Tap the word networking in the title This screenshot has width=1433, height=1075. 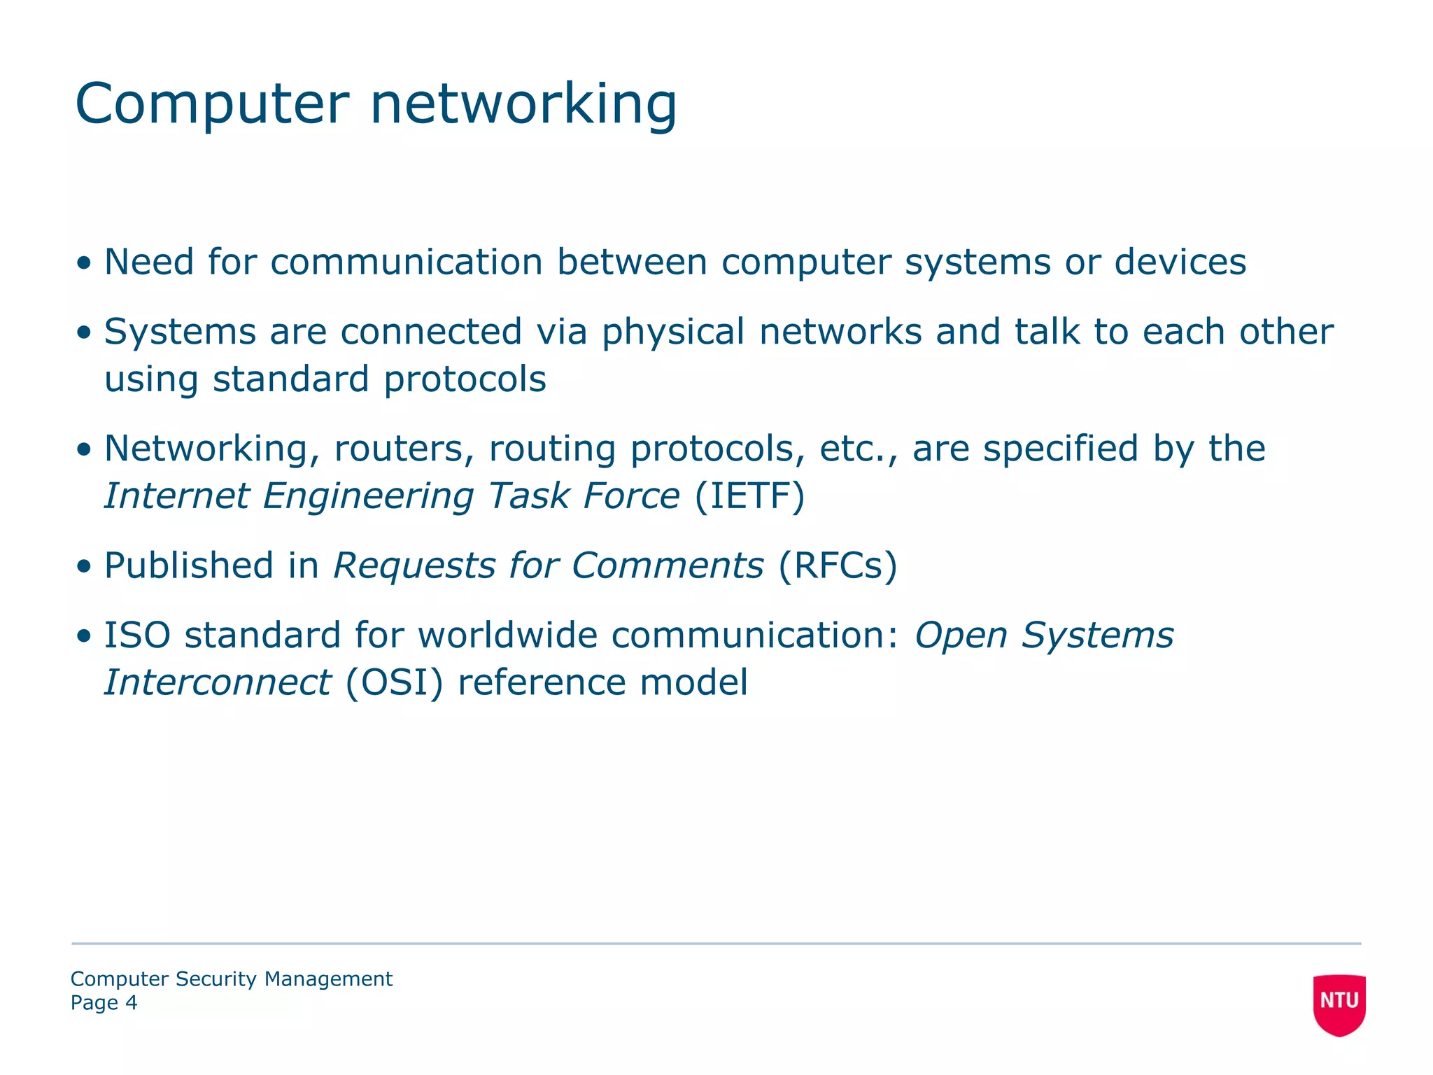pos(523,105)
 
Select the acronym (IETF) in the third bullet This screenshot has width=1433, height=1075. pos(749,496)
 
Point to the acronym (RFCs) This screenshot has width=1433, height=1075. pos(837,565)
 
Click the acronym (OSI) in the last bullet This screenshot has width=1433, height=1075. pos(394,682)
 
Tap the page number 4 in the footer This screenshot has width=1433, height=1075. pos(131,1003)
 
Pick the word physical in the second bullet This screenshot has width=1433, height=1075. pos(673,332)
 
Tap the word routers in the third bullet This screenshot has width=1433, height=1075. pos(397,449)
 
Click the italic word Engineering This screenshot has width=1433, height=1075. pos(368,496)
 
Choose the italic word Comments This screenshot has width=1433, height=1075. pos(668,565)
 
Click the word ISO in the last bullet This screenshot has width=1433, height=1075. pos(137,635)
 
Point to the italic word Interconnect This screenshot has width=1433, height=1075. pos(218,682)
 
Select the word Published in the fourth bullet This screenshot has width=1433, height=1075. pos(188,565)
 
